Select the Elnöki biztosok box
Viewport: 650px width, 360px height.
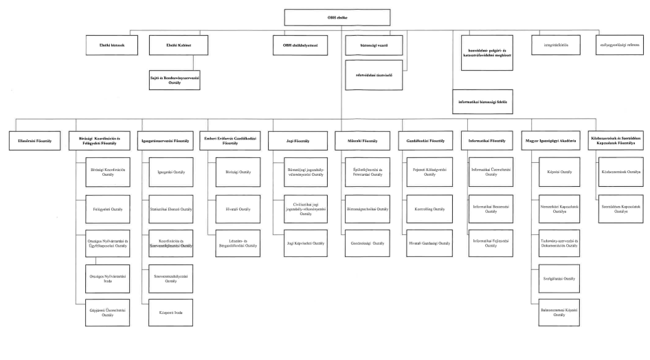(114, 47)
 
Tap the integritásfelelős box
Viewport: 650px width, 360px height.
(552, 47)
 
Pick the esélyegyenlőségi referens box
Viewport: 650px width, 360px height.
(617, 47)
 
